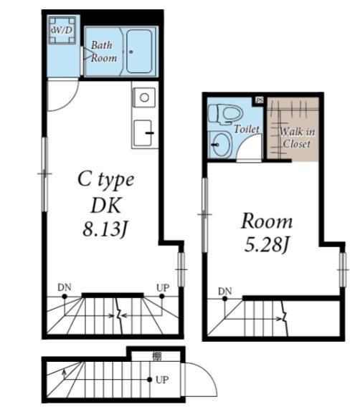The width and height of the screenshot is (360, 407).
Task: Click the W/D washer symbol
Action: click(x=62, y=30)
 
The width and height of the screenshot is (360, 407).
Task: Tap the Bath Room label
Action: click(x=104, y=52)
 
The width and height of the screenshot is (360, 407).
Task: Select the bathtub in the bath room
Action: click(x=139, y=51)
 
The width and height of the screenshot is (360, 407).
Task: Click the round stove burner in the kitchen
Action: click(x=144, y=97)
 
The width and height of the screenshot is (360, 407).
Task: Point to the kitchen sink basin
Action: click(x=143, y=133)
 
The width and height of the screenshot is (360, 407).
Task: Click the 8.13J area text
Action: click(x=105, y=229)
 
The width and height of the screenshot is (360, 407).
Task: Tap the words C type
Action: click(x=106, y=180)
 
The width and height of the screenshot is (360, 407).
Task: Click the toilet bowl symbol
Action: click(x=225, y=114)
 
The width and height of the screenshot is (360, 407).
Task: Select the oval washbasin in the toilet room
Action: click(x=221, y=143)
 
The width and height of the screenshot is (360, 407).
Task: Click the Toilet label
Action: click(x=247, y=129)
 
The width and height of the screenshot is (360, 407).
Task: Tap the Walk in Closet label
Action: click(x=297, y=138)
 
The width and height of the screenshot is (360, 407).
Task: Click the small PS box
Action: click(x=259, y=100)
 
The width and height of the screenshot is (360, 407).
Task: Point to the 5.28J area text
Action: click(x=267, y=245)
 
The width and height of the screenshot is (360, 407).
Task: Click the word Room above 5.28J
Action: click(x=267, y=221)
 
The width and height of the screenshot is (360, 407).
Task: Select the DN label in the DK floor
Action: click(x=64, y=287)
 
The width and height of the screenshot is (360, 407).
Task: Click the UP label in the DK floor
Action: click(x=163, y=287)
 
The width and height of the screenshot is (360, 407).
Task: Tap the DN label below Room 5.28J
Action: click(x=225, y=291)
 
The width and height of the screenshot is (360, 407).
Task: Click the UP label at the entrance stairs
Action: click(x=162, y=380)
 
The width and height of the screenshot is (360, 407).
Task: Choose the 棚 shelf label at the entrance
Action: click(x=156, y=356)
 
